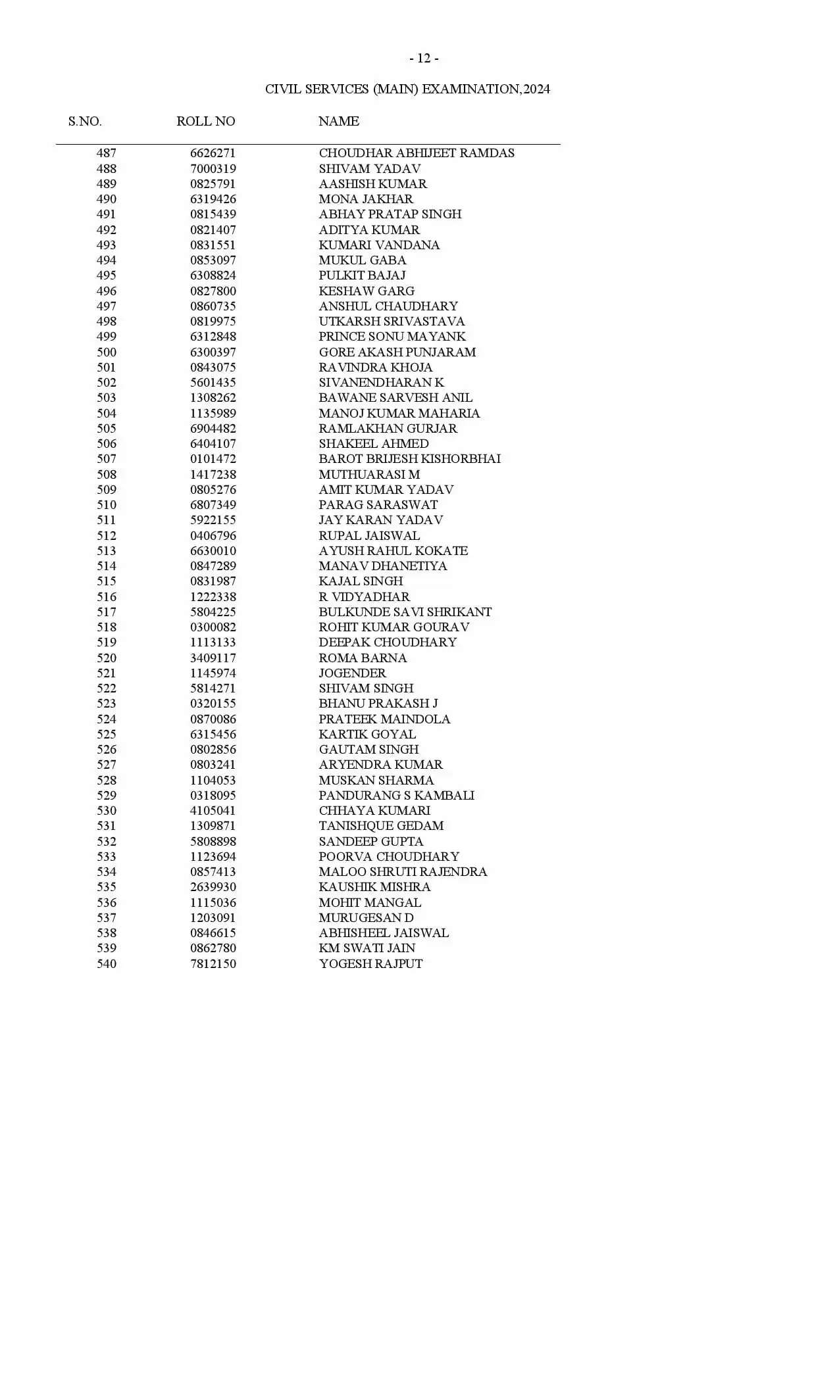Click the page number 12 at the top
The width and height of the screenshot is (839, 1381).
tap(424, 59)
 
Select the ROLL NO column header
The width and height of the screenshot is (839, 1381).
tap(205, 121)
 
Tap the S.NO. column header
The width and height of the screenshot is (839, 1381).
tap(85, 121)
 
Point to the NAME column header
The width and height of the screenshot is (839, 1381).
tap(339, 121)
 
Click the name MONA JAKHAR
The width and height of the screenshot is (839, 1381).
tap(366, 199)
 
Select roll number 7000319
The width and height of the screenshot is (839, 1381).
tap(213, 168)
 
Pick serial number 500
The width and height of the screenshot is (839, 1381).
tap(107, 352)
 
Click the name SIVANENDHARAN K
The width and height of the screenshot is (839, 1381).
tap(381, 382)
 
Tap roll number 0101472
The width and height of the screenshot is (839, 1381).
tap(213, 458)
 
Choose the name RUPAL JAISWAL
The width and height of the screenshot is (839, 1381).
tap(369, 535)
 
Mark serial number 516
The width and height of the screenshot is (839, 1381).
tap(107, 596)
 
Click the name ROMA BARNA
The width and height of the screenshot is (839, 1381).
tap(363, 658)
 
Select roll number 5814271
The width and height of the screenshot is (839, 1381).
tap(213, 688)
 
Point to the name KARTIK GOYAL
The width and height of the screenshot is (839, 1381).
tap(367, 734)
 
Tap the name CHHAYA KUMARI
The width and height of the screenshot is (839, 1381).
tap(374, 810)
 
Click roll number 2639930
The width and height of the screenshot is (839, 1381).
tap(213, 886)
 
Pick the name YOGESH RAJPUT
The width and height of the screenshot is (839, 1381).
tap(370, 963)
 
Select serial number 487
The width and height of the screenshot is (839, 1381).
tap(107, 153)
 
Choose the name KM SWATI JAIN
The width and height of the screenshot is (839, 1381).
tap(367, 948)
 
